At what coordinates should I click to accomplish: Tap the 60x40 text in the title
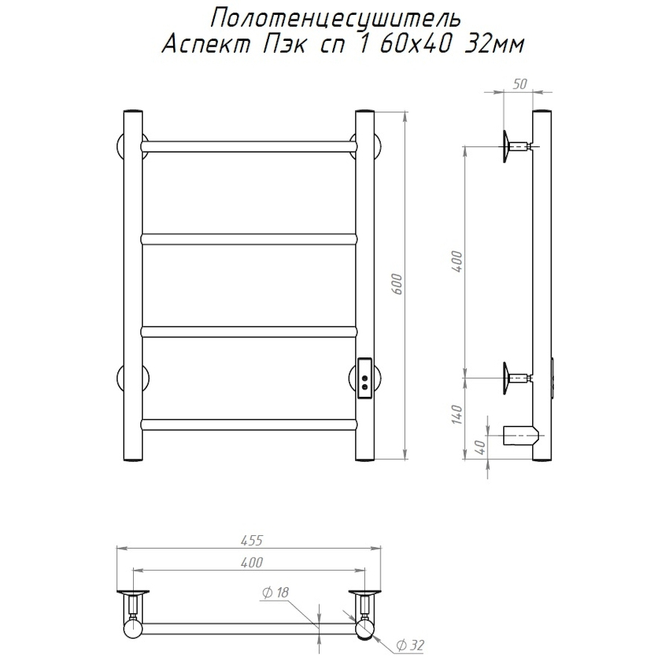click(415, 45)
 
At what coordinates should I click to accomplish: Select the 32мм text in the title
click(494, 45)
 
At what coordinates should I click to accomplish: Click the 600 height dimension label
click(397, 284)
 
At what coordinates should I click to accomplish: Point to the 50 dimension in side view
click(520, 84)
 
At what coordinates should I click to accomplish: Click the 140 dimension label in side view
click(457, 414)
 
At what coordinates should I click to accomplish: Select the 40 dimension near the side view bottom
click(481, 447)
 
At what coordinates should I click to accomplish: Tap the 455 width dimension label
click(252, 540)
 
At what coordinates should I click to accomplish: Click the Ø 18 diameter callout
click(276, 592)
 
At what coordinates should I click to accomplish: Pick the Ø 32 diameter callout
click(410, 645)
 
